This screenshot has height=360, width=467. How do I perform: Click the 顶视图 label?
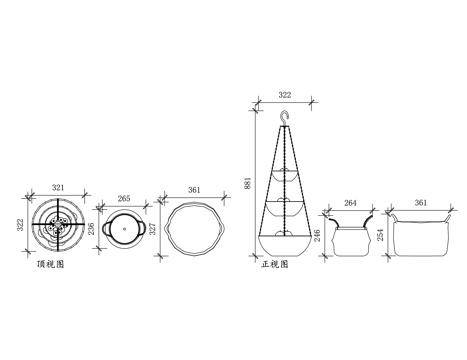[x=51, y=264]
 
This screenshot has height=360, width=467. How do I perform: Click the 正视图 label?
[x=275, y=264]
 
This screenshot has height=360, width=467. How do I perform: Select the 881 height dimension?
[x=248, y=183]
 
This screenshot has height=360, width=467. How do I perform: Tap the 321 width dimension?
[x=58, y=188]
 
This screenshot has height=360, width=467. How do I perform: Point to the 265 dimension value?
[x=124, y=199]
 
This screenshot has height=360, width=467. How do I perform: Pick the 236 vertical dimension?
[x=92, y=229]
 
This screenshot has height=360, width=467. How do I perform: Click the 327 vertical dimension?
[x=152, y=229]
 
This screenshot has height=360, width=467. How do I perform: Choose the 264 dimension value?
[x=350, y=203]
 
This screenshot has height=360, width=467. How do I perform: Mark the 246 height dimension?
[x=318, y=235]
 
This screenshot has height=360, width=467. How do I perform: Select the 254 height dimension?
[x=381, y=235]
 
